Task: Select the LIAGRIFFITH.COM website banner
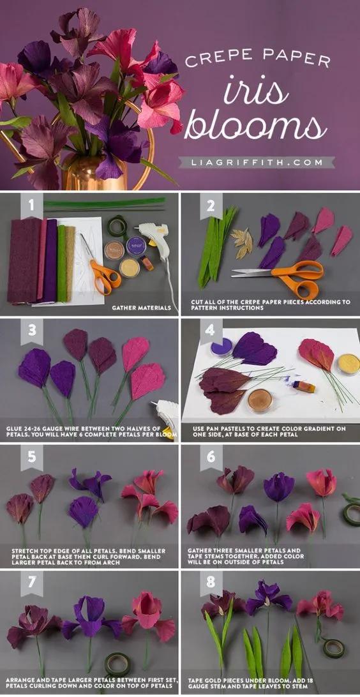click(257, 162)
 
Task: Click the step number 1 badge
click(32, 206)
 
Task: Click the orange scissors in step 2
click(285, 278)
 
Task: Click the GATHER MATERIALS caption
click(141, 307)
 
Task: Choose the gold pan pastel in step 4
click(348, 364)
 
